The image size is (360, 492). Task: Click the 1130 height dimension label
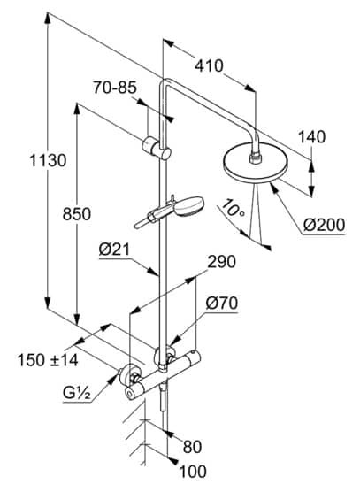49,160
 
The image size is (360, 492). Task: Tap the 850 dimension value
77,214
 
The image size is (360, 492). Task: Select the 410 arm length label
209,65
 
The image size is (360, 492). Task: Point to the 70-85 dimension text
115,88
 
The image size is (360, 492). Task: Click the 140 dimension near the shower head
311,137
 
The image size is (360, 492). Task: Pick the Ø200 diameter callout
325,225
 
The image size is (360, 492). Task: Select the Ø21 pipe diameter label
114,250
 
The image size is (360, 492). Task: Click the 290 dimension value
222,262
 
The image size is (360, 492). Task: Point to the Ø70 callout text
222,304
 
